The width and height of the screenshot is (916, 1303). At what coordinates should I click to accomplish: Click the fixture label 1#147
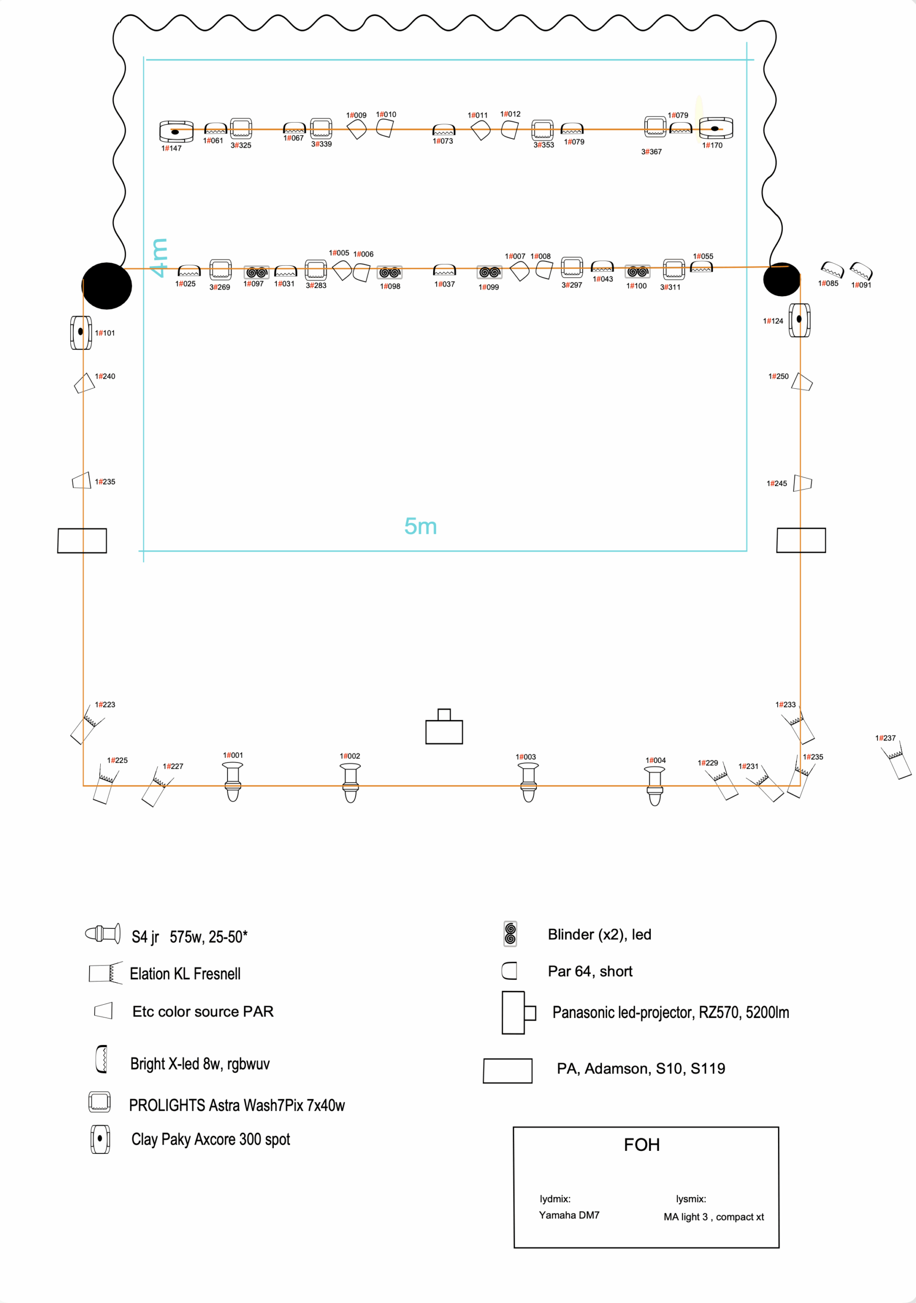click(x=171, y=149)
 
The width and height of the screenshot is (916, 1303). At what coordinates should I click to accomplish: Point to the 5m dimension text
click(x=420, y=527)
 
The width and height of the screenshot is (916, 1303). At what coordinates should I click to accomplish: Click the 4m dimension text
click(x=158, y=258)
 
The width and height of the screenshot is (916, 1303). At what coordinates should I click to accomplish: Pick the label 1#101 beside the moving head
click(x=105, y=333)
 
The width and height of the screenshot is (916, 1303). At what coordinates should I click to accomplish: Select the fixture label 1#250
click(x=778, y=376)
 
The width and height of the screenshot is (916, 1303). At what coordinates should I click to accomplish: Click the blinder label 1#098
click(x=390, y=287)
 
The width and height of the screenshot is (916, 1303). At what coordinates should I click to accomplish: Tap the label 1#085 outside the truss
click(x=828, y=284)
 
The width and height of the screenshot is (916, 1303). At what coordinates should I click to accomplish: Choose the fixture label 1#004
click(x=655, y=760)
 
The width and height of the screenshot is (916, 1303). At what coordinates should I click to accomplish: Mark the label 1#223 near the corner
click(x=105, y=705)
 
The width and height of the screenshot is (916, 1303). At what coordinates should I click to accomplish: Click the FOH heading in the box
click(x=642, y=1145)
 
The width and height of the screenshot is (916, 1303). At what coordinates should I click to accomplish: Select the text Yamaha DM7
click(x=569, y=1215)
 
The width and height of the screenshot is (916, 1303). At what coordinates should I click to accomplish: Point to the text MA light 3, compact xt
click(x=713, y=1217)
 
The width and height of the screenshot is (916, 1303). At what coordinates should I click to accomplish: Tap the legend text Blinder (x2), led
click(x=599, y=934)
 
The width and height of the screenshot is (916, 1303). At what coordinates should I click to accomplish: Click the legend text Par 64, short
click(x=590, y=972)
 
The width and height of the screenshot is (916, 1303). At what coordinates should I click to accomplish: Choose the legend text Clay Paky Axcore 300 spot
click(x=211, y=1139)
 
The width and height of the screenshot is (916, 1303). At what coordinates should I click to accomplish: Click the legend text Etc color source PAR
click(x=203, y=1011)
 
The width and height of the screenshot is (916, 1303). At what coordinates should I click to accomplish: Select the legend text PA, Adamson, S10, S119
click(x=641, y=1069)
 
